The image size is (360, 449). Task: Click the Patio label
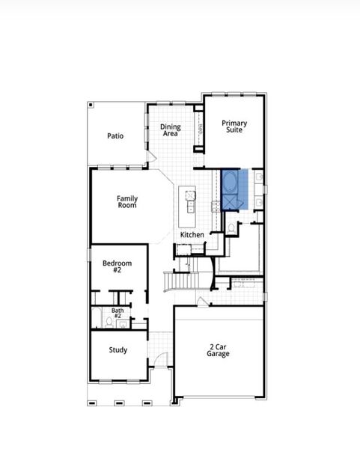[115, 136]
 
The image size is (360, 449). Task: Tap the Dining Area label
[171, 130]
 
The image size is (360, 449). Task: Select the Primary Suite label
[234, 126]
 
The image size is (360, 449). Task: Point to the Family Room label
[127, 201]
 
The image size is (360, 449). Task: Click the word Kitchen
[192, 235]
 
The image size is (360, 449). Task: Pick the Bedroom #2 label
[117, 266]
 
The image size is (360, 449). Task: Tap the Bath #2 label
[118, 313]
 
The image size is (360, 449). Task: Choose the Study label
[118, 350]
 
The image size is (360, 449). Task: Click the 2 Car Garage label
[219, 350]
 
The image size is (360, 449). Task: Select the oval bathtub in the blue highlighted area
[231, 182]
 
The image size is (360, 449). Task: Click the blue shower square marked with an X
[231, 202]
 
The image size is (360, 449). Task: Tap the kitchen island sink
[190, 196]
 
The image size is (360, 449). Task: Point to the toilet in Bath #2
[109, 322]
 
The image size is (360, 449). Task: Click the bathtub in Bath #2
[97, 317]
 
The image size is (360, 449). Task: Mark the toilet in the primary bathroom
[231, 226]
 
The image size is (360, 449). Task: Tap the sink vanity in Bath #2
[122, 324]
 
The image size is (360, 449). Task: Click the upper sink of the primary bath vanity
[258, 178]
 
